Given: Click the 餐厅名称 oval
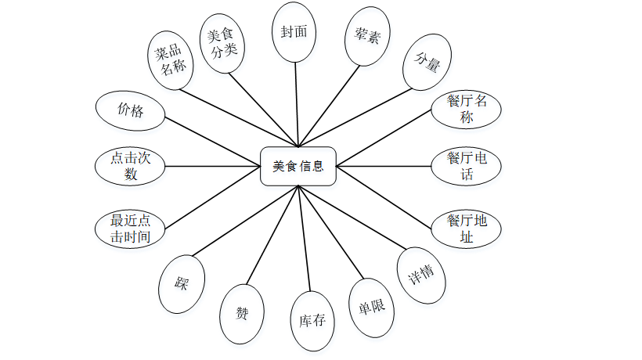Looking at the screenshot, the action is coord(467,109).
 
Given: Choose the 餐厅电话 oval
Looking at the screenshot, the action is coord(467,166).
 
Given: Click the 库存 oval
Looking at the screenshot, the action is coord(312,320).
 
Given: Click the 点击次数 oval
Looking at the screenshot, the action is coord(130,166).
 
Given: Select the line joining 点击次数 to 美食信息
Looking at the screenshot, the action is coord(211,166).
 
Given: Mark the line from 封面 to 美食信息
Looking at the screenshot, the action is coord(297,102).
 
